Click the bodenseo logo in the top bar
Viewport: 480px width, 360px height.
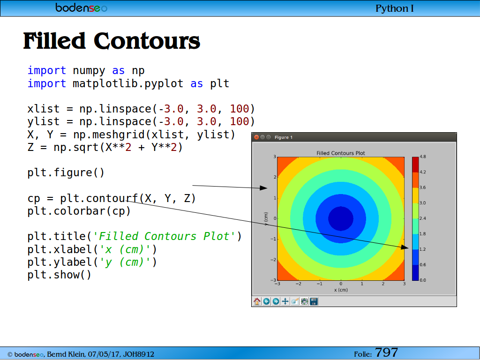[81, 7]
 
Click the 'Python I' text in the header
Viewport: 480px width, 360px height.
[394, 8]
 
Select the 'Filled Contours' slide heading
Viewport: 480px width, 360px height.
[112, 41]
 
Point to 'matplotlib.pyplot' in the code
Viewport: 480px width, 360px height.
[128, 83]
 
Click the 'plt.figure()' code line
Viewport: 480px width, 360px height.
[66, 172]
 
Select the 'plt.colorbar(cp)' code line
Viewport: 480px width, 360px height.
[79, 211]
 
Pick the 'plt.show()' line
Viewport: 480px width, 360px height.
[60, 275]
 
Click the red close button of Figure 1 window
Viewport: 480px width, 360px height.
[256, 137]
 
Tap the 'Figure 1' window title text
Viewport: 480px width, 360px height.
[284, 137]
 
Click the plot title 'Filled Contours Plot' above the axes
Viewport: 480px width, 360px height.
[341, 153]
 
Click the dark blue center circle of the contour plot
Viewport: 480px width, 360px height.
[341, 218]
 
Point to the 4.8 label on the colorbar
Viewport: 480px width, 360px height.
[423, 157]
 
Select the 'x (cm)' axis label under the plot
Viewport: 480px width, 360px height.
[341, 290]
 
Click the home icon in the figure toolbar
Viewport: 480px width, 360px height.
[257, 301]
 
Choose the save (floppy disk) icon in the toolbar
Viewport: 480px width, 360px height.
[314, 301]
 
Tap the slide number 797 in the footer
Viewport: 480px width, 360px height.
[386, 352]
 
